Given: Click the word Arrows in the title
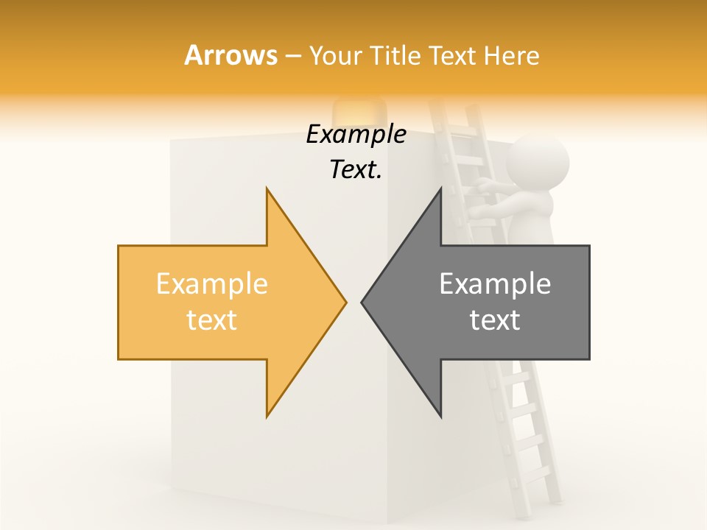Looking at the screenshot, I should [231, 55].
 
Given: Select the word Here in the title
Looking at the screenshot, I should [511, 55].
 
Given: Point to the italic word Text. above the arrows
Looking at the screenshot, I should [356, 170].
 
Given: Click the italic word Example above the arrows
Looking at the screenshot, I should [356, 135].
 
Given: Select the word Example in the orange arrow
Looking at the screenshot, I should [211, 284].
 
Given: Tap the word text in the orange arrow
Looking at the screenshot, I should [211, 320].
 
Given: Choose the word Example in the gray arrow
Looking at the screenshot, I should [495, 284].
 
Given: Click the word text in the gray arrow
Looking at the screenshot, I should [495, 320].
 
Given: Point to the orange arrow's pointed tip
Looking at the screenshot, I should [345, 302].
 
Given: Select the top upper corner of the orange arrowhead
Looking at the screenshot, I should [267, 189].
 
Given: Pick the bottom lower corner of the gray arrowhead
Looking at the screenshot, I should [440, 417].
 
